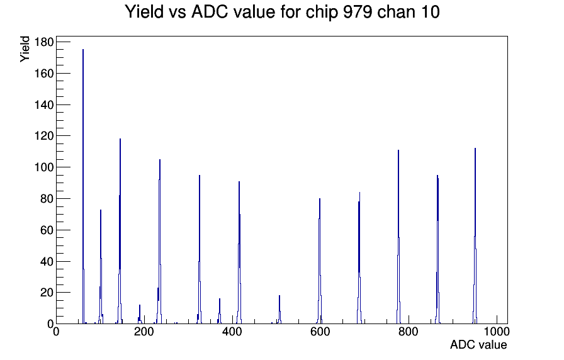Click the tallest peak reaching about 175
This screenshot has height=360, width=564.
83,187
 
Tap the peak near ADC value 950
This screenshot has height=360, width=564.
475,237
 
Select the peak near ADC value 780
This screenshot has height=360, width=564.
398,237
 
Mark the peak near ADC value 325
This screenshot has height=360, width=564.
200,250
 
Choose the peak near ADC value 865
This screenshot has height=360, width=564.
437,250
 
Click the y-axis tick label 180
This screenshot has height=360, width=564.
44,42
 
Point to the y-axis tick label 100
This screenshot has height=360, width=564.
44,167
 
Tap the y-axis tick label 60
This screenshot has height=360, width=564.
47,230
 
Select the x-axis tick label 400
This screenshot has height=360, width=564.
232,332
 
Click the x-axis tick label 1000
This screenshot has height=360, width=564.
497,332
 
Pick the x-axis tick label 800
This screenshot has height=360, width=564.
409,332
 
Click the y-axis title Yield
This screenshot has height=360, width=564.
25,49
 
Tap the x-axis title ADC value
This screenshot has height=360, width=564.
478,344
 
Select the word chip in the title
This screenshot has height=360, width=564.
322,13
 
